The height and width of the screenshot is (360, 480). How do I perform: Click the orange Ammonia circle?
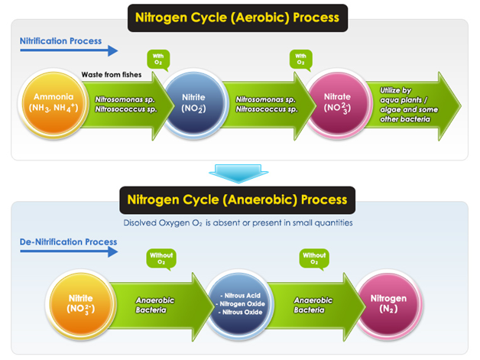coord(54,103)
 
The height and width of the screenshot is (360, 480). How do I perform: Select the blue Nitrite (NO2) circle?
coord(193,103)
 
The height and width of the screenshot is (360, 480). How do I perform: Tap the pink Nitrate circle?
coord(337,103)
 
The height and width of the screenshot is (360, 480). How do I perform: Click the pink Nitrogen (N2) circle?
coord(389,304)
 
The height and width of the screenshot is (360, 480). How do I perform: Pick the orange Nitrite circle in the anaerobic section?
coord(81,304)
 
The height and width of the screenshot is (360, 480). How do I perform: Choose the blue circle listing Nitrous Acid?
coord(239,304)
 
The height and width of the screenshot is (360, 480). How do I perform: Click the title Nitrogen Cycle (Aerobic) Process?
coord(238,18)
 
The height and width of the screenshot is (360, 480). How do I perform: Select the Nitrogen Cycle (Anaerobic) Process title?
coord(237,200)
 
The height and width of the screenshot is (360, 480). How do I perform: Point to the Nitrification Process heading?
coord(60,41)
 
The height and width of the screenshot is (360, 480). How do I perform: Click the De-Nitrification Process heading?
coord(68,242)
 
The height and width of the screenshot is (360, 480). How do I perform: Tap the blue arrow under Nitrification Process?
coord(69,50)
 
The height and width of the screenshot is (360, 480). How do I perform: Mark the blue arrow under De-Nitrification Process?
coord(69,251)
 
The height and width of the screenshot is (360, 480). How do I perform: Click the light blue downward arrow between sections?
coord(238,174)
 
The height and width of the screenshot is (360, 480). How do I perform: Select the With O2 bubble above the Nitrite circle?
coord(158,60)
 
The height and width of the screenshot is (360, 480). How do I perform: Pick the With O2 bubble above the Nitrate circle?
coord(301,60)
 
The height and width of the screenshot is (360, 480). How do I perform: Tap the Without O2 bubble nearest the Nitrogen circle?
coord(314,258)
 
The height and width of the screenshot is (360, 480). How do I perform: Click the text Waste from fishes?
coord(112,75)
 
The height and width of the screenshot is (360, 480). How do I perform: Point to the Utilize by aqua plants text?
coord(409,105)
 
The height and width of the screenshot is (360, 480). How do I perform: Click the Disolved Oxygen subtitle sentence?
coord(238,223)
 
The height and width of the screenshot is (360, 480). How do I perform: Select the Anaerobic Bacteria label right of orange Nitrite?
coord(155,305)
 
